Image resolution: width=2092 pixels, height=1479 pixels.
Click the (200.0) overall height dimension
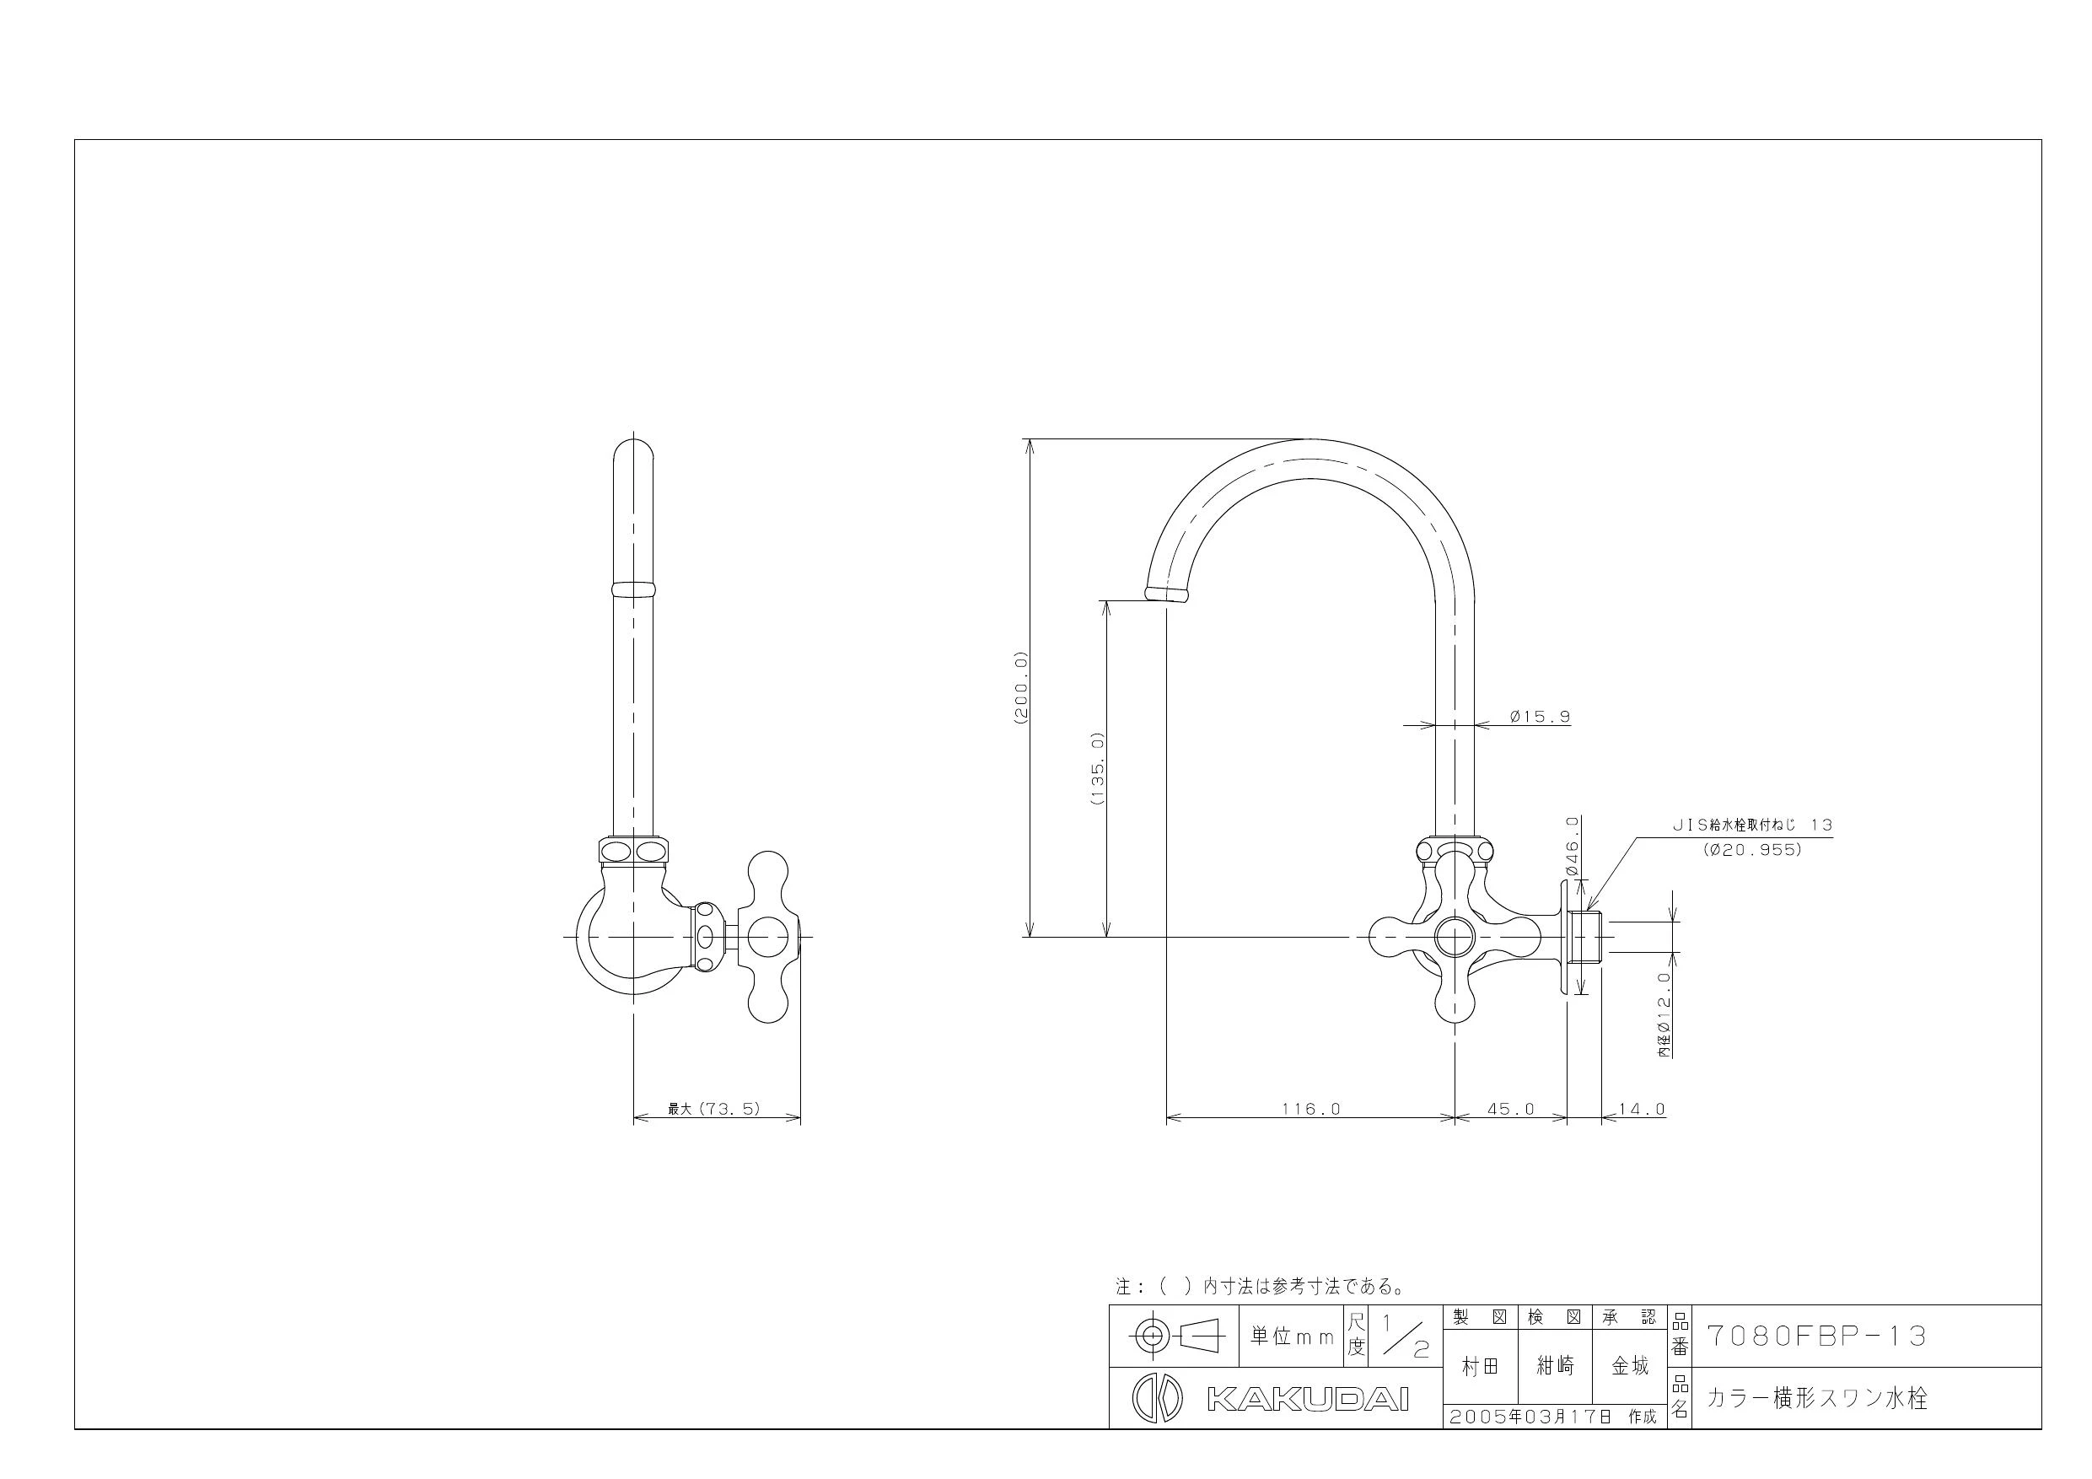point(1020,687)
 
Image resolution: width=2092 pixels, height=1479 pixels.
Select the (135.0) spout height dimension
point(1097,768)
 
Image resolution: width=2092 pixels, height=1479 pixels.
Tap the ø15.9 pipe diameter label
point(1540,716)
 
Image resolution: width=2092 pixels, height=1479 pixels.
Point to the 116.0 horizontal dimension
point(1311,1109)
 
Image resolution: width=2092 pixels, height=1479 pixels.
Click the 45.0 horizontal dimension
point(1511,1109)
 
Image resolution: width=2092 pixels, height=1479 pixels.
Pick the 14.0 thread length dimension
point(1641,1109)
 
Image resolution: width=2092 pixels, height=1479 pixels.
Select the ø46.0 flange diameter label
point(1573,846)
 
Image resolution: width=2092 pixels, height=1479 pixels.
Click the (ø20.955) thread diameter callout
point(1752,850)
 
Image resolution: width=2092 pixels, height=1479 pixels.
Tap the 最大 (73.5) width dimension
point(714,1109)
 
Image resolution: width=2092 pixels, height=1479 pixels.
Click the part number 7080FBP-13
point(1817,1335)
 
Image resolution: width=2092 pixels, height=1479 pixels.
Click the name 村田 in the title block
point(1480,1365)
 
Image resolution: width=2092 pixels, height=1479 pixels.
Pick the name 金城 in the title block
point(1630,1365)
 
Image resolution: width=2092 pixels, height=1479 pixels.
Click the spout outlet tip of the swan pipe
point(1165,594)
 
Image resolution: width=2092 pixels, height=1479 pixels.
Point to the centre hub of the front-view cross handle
point(1455,937)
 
